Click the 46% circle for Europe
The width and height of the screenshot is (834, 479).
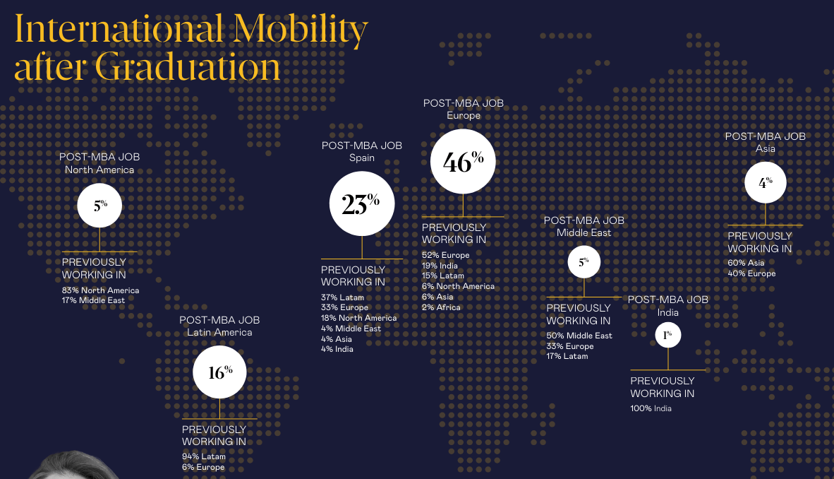463,162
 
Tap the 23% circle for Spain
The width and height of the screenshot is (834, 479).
361,204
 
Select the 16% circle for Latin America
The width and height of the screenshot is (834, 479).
219,372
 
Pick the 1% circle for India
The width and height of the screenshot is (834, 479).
667,335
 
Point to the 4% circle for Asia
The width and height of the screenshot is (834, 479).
766,182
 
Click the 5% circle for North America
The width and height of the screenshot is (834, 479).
99,206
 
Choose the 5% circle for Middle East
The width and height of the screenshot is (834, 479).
584,262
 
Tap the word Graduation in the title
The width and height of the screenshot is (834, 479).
188,68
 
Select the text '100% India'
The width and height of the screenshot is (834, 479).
651,408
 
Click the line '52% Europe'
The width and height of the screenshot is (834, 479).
445,255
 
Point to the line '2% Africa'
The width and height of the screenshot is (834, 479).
441,307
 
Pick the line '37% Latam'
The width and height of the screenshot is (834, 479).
342,297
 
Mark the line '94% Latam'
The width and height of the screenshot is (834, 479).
203,456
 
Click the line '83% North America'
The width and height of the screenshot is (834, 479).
100,290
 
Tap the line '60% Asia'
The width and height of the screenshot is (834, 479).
746,263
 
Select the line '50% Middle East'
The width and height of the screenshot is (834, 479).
579,336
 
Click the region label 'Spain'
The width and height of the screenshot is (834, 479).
361,158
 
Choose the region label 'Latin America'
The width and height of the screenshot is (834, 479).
219,332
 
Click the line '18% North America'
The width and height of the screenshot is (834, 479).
358,318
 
